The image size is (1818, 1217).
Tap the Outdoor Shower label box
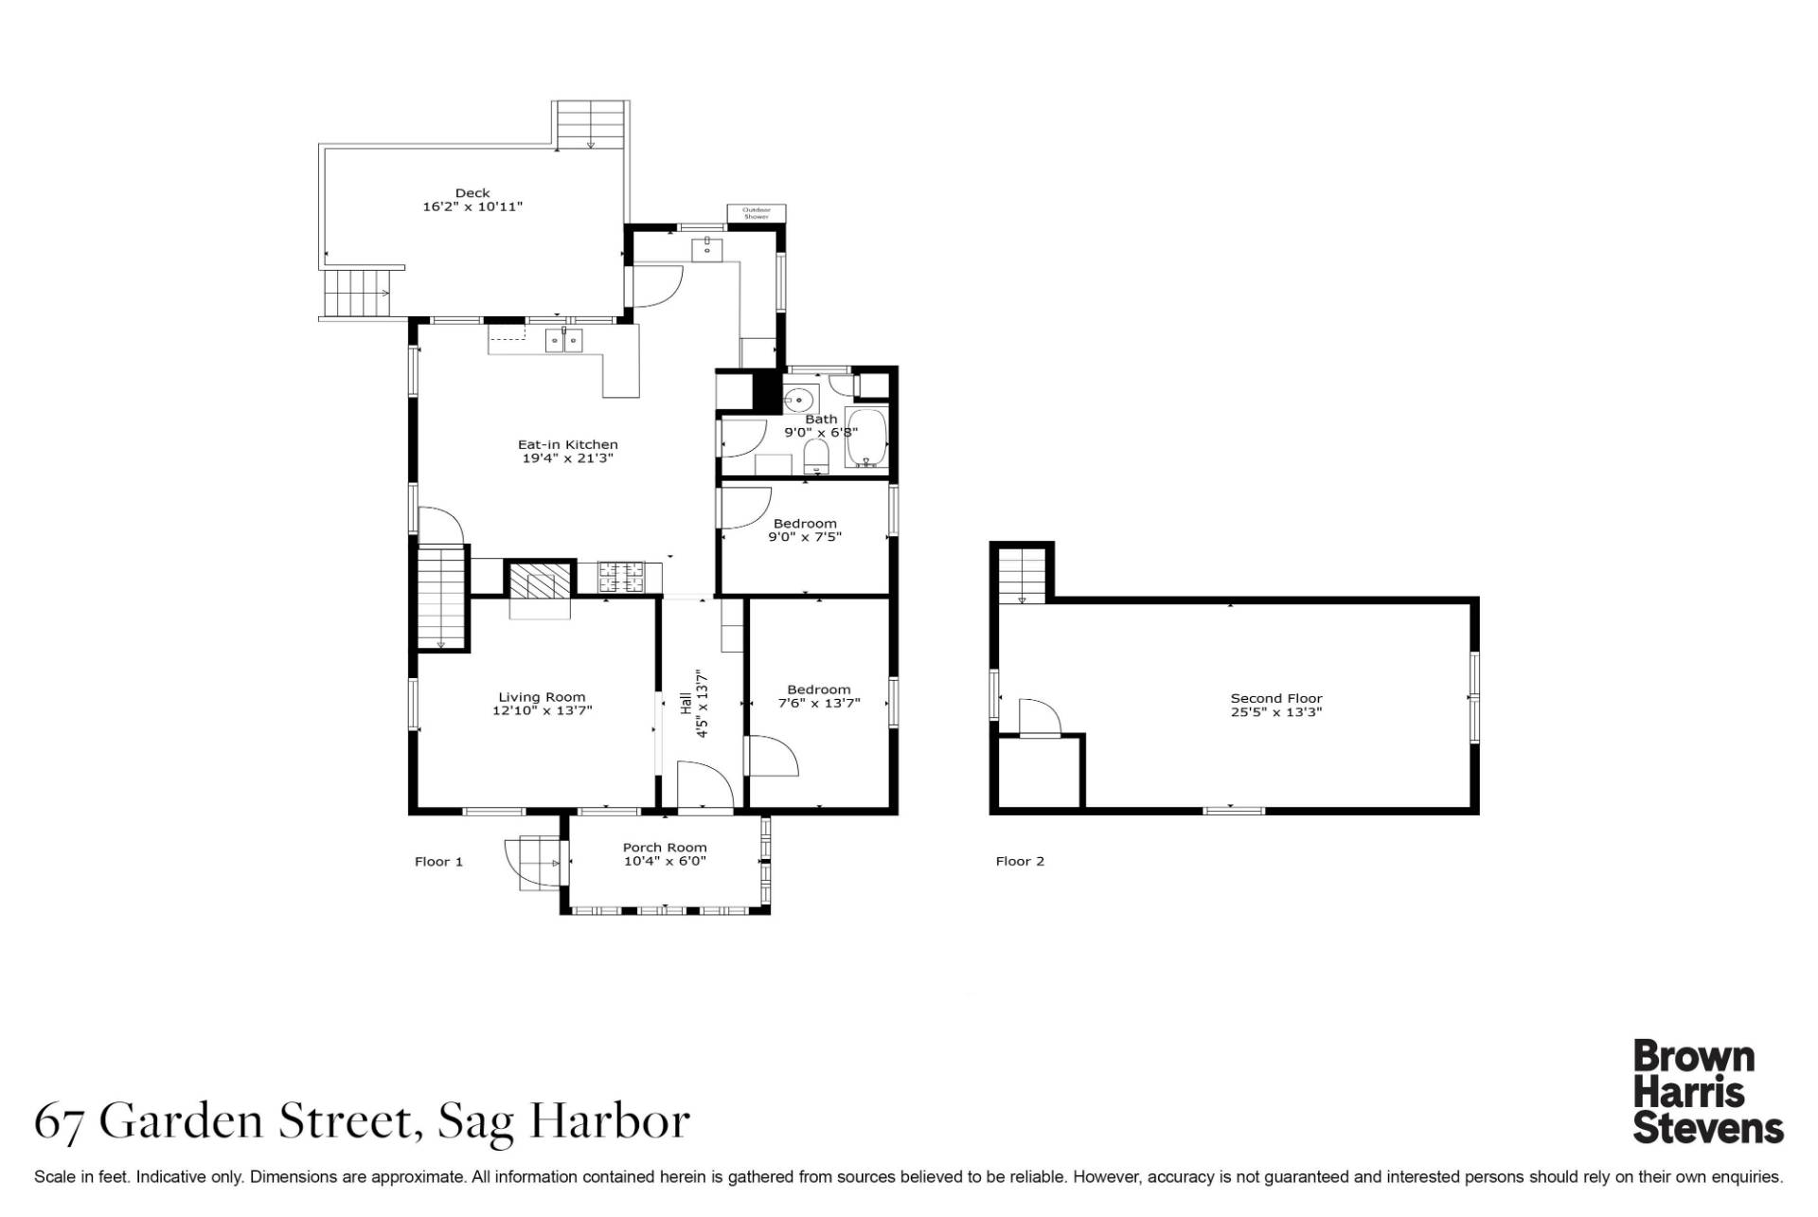[756, 213]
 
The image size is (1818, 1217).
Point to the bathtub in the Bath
[866, 438]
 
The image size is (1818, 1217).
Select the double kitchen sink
[563, 340]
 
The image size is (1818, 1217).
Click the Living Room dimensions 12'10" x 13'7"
[543, 710]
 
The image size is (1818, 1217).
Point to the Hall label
[685, 704]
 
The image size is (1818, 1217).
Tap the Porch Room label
[665, 848]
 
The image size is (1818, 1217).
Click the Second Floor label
[1276, 698]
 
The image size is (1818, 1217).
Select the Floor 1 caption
[439, 861]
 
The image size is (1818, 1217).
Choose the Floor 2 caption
[1020, 861]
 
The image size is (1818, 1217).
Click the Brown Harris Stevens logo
[1708, 1092]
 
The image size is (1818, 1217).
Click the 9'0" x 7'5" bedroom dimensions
[806, 537]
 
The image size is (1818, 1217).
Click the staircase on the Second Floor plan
[1022, 576]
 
